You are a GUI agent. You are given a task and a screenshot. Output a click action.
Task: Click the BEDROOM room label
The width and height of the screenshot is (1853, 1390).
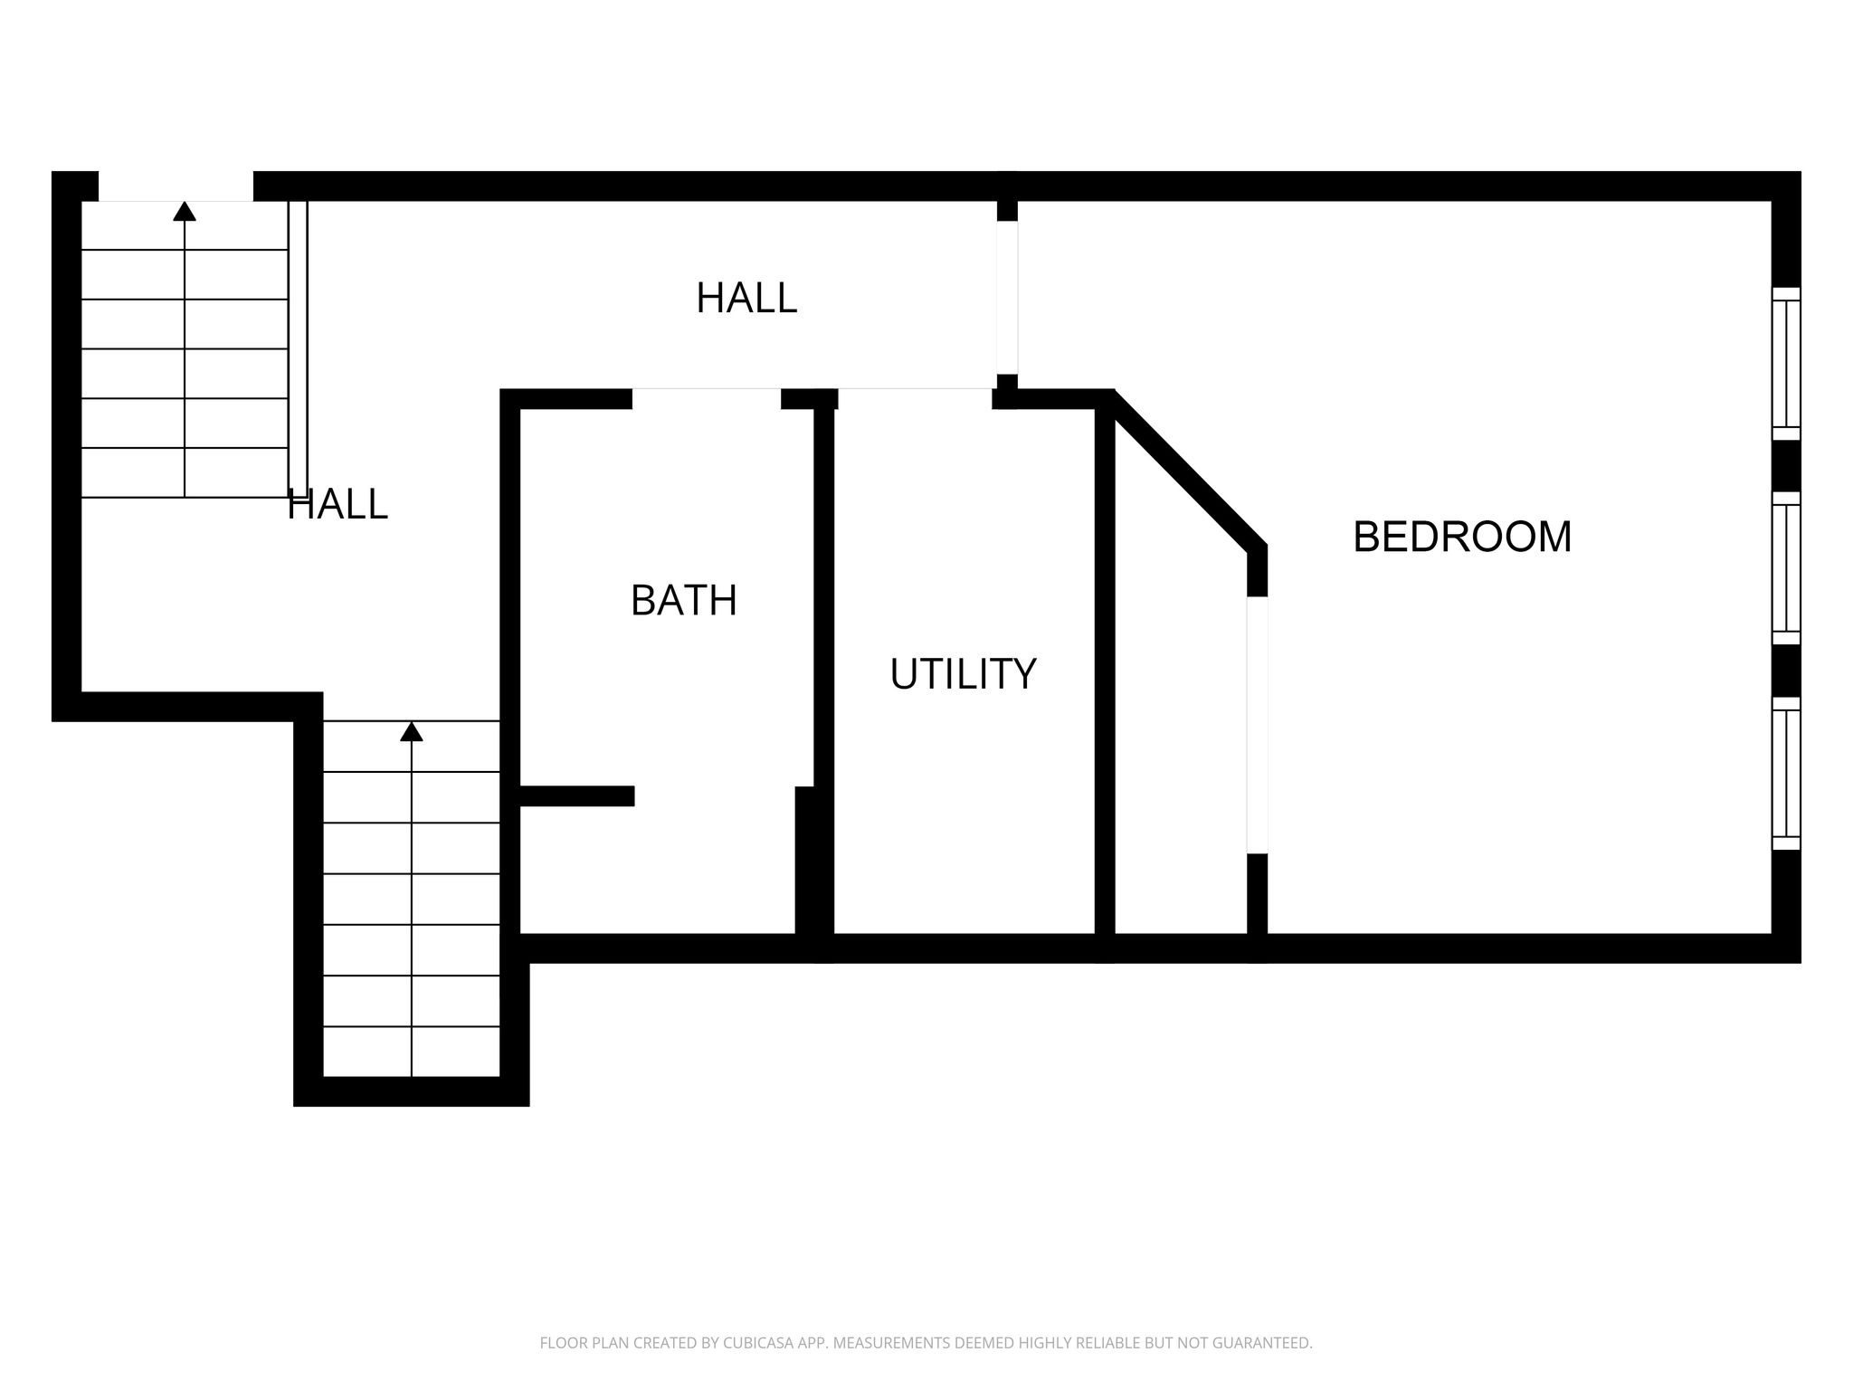[x=1462, y=537]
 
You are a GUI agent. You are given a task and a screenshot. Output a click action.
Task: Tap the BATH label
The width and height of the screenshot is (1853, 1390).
[x=684, y=600]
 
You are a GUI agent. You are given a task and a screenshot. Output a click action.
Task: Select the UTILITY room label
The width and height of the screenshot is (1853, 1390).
[x=963, y=674]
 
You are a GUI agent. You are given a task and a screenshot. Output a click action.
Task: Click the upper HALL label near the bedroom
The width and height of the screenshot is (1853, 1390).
[x=746, y=298]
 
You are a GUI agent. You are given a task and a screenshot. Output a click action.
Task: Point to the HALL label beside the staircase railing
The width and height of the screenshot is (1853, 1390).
[x=337, y=504]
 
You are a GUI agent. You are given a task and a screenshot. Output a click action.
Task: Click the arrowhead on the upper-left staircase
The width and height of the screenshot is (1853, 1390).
[x=185, y=211]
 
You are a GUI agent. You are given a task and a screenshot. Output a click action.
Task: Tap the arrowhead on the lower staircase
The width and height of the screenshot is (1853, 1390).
[x=412, y=731]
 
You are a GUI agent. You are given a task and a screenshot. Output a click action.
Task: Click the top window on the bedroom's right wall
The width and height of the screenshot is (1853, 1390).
[x=1786, y=363]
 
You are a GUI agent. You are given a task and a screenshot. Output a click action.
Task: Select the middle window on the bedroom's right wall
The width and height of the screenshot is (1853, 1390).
[x=1786, y=567]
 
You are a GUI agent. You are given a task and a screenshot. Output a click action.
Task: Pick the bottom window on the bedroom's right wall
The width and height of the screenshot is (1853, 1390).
[x=1786, y=773]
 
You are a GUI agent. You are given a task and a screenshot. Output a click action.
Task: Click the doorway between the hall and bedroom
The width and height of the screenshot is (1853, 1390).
[x=1007, y=298]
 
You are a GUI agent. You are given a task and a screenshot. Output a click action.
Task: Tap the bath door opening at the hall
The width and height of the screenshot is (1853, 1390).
[x=707, y=399]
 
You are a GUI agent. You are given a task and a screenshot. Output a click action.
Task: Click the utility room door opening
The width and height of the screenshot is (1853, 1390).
[x=915, y=399]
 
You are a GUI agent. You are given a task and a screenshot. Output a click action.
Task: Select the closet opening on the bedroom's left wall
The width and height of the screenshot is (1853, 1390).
[x=1257, y=725]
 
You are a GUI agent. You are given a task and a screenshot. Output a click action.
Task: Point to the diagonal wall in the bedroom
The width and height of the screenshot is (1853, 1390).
[x=1186, y=471]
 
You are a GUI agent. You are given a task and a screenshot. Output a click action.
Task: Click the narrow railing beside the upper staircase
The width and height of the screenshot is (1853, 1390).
[x=298, y=348]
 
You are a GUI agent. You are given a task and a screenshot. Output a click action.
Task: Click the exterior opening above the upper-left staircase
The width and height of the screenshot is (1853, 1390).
[x=176, y=186]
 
